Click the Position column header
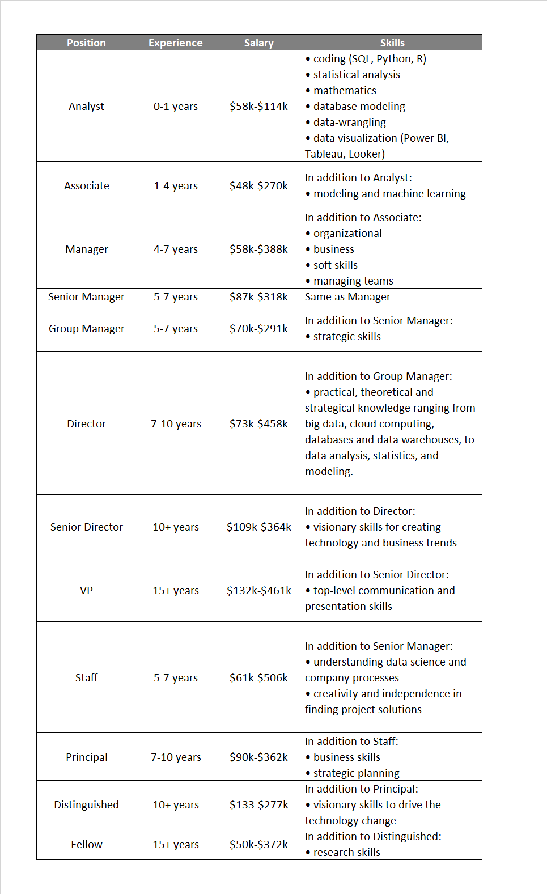point(86,43)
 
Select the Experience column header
point(175,43)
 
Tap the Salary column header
point(258,43)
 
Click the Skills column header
point(392,43)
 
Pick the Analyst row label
point(86,107)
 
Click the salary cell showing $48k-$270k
point(258,186)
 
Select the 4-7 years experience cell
point(175,249)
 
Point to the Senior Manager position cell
point(86,297)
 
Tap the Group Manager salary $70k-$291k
point(258,329)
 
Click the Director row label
point(86,424)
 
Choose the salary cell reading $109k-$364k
point(258,527)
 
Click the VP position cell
point(86,591)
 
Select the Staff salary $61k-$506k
point(258,678)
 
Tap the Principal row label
point(86,757)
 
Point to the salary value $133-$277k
point(258,805)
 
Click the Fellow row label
point(86,845)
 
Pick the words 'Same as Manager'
point(347,297)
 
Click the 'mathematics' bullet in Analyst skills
point(344,91)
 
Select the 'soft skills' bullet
point(335,265)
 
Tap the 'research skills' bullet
point(346,853)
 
